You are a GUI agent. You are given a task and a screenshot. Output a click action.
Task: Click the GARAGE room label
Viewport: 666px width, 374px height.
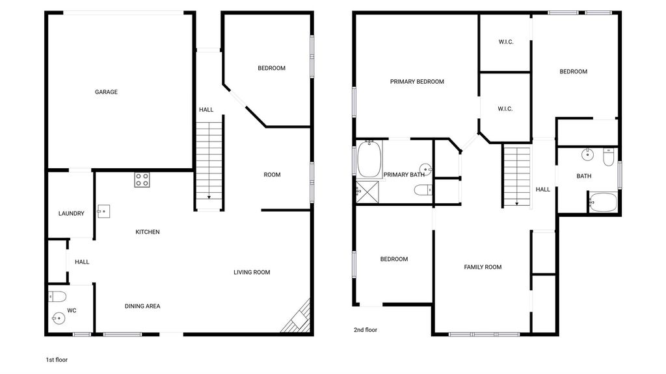click(x=106, y=92)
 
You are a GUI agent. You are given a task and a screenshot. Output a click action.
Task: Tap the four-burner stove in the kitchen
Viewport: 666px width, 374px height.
click(x=142, y=180)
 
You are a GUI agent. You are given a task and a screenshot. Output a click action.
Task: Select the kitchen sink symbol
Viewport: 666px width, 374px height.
click(x=103, y=211)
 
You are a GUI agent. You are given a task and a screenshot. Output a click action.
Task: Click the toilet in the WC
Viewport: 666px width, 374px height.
click(x=57, y=296)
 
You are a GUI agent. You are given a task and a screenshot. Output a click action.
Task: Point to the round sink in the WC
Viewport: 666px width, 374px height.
click(x=58, y=318)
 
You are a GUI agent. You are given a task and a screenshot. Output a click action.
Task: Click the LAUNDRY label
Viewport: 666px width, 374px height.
click(x=72, y=213)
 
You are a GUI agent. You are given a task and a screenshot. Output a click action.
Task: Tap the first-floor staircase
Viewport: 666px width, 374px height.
click(x=209, y=161)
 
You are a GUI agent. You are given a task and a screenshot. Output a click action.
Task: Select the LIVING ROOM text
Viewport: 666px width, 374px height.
click(x=252, y=272)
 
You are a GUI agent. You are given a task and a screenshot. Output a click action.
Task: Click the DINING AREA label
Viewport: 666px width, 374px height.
click(x=142, y=306)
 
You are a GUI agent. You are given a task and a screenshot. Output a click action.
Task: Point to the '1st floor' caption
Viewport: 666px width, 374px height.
click(x=57, y=360)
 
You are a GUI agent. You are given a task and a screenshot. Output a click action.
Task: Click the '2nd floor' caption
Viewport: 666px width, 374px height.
click(x=366, y=329)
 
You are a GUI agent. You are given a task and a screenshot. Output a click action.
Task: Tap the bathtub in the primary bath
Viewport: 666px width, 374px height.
click(x=369, y=159)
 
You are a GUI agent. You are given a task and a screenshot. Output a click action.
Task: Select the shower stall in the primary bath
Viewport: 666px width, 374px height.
click(x=367, y=192)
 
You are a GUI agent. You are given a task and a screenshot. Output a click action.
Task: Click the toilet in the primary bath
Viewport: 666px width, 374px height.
click(x=423, y=190)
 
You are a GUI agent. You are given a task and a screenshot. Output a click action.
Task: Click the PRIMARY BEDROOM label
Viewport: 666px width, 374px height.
click(x=417, y=81)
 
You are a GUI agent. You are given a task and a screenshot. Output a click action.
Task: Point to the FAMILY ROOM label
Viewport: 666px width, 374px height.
click(x=483, y=267)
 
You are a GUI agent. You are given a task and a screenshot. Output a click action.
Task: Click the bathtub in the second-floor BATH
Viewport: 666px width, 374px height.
click(x=603, y=203)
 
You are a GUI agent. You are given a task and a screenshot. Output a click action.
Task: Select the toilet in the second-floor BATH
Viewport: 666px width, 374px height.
click(x=609, y=157)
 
